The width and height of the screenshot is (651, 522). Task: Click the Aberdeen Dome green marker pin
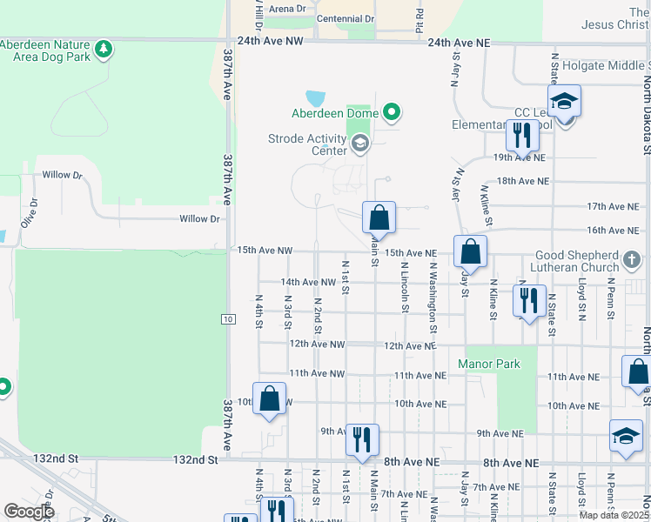392,112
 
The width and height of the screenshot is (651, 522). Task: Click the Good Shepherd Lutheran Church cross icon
634,259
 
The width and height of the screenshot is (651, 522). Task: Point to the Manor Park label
489,364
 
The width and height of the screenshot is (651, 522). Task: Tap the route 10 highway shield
227,319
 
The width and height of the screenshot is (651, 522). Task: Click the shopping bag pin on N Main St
379,217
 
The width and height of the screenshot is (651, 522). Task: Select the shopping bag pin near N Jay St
470,251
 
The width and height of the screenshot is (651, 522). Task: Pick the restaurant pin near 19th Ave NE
522,136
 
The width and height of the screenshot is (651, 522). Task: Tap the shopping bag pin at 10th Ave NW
269,399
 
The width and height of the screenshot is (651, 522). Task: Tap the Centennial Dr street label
346,18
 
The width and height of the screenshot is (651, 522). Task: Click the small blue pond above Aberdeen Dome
315,98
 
